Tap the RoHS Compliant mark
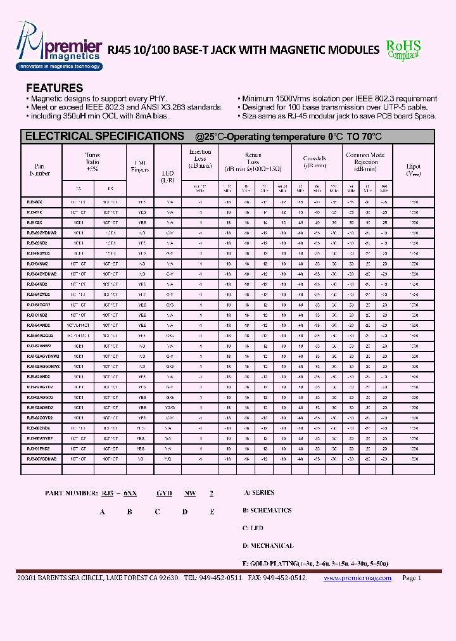(x=403, y=49)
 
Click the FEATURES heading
(x=54, y=88)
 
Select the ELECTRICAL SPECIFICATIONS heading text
(x=104, y=136)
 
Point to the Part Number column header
(x=40, y=169)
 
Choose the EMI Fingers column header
(x=140, y=166)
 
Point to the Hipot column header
(x=413, y=170)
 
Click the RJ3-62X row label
(x=35, y=222)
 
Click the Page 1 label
(x=411, y=578)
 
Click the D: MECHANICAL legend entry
(x=268, y=545)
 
